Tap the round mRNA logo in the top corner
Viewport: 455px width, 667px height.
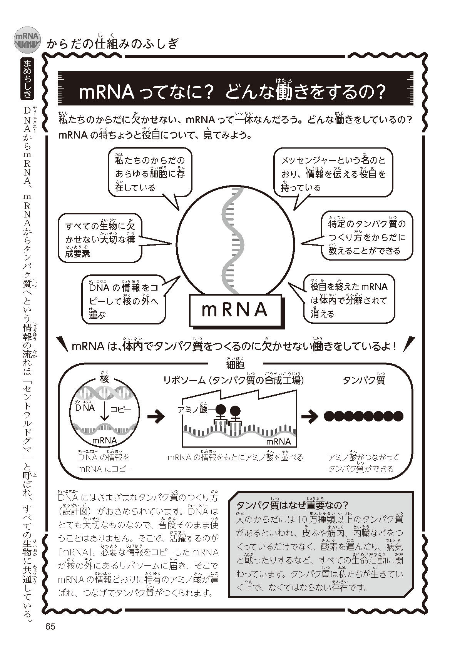(x=27, y=40)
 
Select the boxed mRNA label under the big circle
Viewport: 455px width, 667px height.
(x=234, y=310)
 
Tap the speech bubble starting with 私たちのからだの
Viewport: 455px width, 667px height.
(x=150, y=173)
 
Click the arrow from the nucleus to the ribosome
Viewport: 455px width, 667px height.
(x=156, y=417)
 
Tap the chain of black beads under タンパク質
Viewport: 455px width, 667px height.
(x=364, y=416)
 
